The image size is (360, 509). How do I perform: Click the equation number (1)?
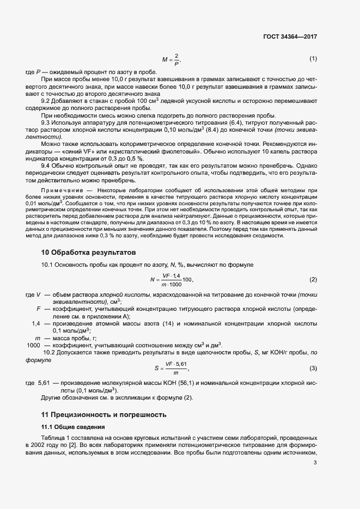coord(313,58)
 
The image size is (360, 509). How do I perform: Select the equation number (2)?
coord(313,280)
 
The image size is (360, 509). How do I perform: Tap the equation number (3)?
coord(313,369)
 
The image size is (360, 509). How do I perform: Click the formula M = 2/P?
coord(170,59)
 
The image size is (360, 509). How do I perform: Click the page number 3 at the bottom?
coord(315,463)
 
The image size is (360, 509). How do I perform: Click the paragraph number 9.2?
coord(46,101)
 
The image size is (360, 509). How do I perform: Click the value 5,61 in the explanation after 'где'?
coord(44,383)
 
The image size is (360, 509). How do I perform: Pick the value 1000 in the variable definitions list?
coord(34,346)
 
